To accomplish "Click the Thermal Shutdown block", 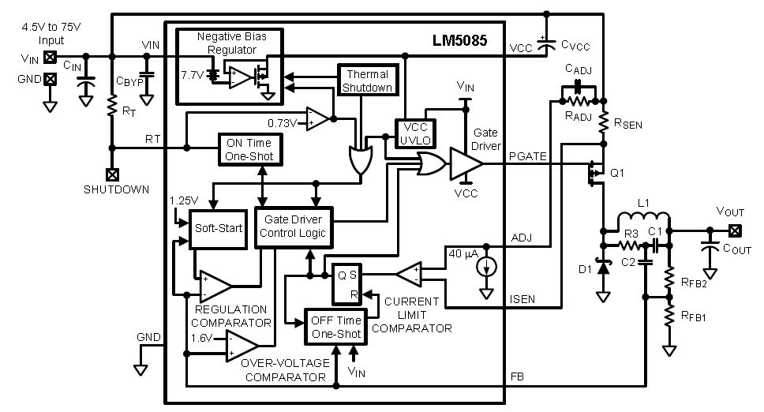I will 366,81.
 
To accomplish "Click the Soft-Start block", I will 213,229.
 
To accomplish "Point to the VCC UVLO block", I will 414,134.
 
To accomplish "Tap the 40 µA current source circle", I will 489,267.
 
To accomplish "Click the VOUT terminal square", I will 736,230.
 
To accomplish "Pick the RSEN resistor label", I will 621,122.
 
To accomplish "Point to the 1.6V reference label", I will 202,337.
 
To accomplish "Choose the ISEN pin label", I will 524,298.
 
